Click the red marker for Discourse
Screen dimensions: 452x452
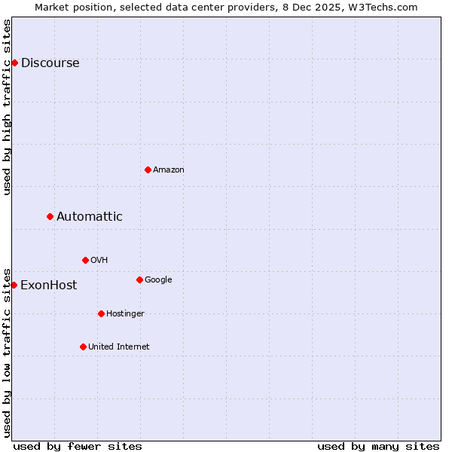point(14,63)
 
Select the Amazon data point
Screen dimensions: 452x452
point(148,169)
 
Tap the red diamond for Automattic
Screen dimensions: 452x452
point(50,216)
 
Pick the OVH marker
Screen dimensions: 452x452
point(85,260)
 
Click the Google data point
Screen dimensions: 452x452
point(139,279)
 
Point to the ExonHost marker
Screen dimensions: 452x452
point(14,285)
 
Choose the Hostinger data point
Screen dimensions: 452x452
point(101,313)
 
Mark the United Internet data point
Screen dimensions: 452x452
point(83,347)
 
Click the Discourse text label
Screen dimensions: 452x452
point(50,63)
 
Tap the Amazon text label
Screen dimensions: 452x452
point(169,170)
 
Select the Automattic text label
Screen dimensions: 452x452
point(90,217)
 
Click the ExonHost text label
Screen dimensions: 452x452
point(48,286)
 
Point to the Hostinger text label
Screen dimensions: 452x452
point(125,314)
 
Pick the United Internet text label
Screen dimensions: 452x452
point(119,347)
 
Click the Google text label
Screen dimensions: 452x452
point(158,280)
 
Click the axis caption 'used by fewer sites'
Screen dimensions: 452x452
point(78,446)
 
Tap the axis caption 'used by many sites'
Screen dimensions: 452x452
point(378,446)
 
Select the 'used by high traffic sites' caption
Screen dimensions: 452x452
point(8,107)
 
